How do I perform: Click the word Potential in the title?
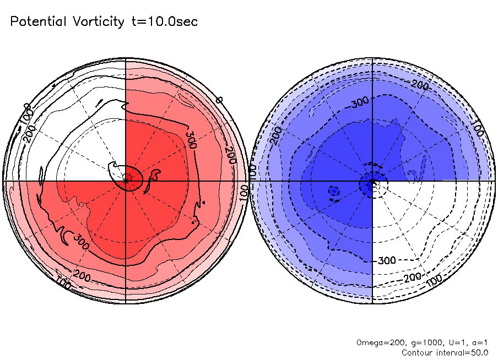[39, 22]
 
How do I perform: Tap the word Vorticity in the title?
[98, 22]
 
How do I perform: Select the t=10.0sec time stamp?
[164, 22]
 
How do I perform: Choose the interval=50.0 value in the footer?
[461, 352]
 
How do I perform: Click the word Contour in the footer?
[417, 352]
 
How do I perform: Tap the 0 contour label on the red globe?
[219, 100]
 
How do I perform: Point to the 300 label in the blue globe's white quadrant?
[387, 260]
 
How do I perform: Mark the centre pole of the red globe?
[126, 180]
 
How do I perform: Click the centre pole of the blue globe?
[373, 180]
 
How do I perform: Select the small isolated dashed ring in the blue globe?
[332, 191]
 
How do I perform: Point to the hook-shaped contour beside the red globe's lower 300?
[66, 236]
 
